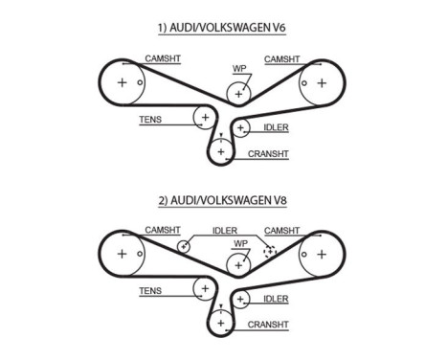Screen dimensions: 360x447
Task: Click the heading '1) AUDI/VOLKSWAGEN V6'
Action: [221, 29]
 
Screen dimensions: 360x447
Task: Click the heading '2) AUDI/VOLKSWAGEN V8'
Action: [221, 201]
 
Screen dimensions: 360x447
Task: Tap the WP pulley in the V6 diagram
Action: [238, 93]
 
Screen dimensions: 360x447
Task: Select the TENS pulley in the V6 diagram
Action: [204, 118]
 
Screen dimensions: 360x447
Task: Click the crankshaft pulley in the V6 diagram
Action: [221, 150]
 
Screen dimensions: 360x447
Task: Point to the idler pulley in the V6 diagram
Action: [241, 127]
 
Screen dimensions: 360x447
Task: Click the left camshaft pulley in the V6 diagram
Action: [123, 82]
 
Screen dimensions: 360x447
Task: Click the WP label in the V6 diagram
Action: [239, 69]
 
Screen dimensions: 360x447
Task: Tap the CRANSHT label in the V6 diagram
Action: [268, 153]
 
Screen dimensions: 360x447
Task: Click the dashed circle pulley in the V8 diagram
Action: [271, 249]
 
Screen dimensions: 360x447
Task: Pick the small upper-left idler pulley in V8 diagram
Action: [182, 247]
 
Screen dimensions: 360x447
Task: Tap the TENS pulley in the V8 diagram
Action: [204, 289]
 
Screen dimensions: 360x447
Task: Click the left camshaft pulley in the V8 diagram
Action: [123, 255]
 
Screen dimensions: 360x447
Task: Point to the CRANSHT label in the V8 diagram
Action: [268, 326]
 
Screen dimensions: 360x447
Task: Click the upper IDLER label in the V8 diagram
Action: [225, 231]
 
